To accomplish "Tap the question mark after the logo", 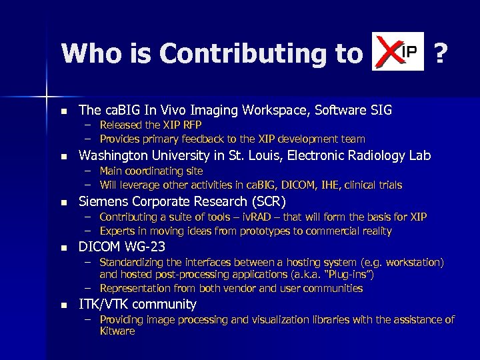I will tap(439, 53).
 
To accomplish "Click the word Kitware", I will tap(117, 331).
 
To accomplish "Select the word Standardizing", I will tap(133, 263).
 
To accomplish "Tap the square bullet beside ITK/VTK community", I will tap(63, 305).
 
